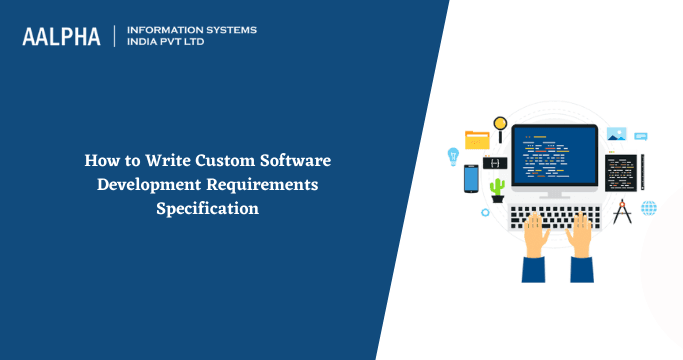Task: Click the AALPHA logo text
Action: point(61,36)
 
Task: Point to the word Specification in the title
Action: point(207,209)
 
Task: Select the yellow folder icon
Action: point(477,139)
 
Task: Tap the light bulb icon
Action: point(452,156)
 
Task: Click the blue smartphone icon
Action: point(471,178)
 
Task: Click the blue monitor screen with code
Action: point(554,158)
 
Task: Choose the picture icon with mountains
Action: point(616,134)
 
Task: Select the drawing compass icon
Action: point(623,210)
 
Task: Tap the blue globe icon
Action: point(649,208)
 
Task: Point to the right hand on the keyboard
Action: point(582,240)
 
